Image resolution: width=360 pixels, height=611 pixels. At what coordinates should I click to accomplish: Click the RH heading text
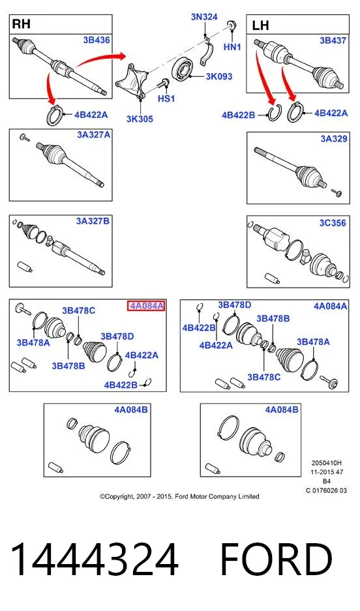pos(22,23)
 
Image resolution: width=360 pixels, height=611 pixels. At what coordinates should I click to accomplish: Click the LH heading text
pos(260,25)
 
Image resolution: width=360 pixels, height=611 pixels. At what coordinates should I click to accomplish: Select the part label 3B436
pos(97,40)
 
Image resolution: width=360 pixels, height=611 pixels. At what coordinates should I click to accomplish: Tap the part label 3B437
pos(333,40)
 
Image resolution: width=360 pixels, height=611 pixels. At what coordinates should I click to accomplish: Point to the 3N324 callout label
pos(204,17)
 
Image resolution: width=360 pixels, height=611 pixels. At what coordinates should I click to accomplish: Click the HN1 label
pos(232,47)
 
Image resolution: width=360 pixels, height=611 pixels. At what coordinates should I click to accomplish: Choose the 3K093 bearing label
pos(219,76)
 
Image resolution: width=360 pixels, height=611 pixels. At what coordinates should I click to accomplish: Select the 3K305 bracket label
pos(140,119)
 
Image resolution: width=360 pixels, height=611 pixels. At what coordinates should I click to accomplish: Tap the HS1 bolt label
pos(166,98)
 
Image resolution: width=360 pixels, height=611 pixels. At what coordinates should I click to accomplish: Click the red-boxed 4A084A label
pos(147,306)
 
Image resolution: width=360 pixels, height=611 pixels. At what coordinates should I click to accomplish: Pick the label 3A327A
pos(93,135)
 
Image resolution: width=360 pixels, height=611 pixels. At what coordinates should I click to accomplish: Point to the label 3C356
pos(333,223)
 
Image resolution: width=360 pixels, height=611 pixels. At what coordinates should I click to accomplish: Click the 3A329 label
pos(333,139)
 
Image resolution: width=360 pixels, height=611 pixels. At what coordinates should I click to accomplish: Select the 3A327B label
pos(93,221)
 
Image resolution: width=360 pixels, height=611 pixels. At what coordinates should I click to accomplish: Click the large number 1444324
pos(94,559)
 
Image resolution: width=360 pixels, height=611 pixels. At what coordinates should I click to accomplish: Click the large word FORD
pos(277,559)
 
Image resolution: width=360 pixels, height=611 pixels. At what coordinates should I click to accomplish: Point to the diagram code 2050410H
pos(327,464)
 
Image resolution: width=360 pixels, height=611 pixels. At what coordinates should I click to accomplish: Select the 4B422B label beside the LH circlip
pos(238,115)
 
